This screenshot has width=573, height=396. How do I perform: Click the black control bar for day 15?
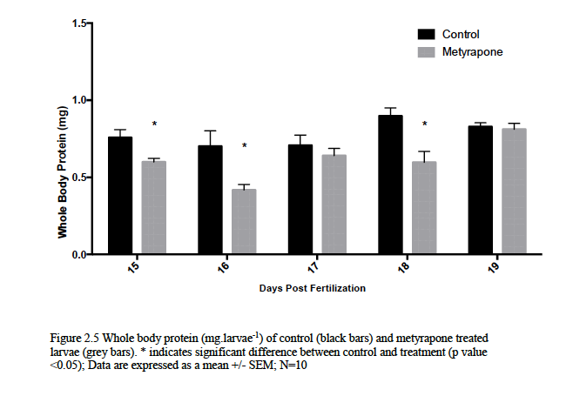[120, 195]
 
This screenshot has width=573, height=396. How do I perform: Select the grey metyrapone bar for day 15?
[154, 207]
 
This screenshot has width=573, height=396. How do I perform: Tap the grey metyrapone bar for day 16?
[244, 221]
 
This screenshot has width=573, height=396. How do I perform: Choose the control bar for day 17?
[300, 199]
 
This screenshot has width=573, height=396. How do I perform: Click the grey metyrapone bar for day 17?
[334, 205]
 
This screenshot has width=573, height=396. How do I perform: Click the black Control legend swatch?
[427, 34]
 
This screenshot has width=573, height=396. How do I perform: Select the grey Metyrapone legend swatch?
[427, 51]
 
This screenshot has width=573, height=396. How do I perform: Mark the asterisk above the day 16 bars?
[245, 146]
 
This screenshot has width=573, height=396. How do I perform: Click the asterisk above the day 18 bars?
[424, 124]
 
